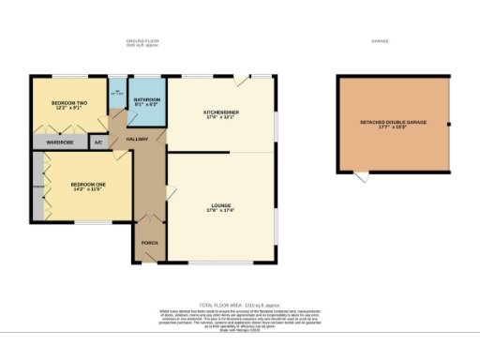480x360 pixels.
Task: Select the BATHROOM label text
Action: coord(147,99)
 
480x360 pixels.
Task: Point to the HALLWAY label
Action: coord(138,140)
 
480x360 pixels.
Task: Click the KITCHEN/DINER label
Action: coord(221,113)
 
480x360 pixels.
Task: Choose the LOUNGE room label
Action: coord(221,205)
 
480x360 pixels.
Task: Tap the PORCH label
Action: coord(149,243)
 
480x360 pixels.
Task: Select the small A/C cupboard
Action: coord(97,142)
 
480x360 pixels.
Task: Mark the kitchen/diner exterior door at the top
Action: coord(242,82)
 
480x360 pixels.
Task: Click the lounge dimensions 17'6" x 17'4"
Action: coord(221,211)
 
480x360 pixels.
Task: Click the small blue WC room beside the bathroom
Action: coord(117,93)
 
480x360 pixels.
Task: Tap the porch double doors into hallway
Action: coord(149,221)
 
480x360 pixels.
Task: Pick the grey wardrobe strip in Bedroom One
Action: coord(38,187)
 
